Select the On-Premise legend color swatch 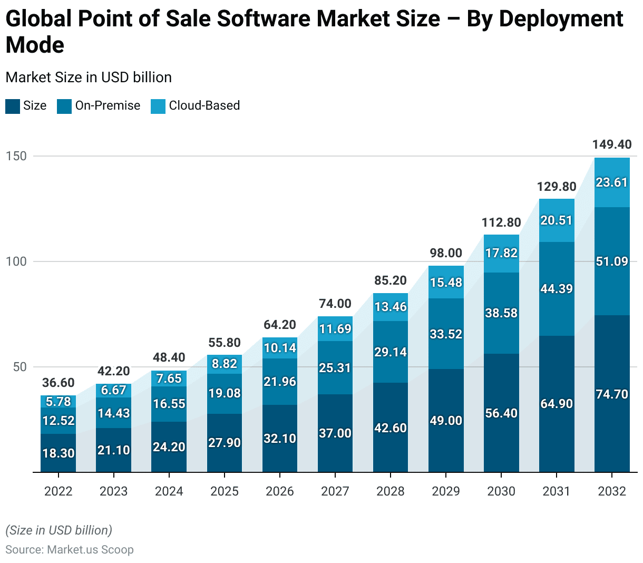click(64, 106)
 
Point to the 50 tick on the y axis click(20, 367)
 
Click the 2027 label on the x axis click(335, 491)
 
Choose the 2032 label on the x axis click(612, 491)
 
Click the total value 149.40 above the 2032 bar click(612, 144)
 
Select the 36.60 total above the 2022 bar click(58, 383)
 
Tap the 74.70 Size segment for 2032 click(612, 394)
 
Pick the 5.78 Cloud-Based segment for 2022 click(58, 402)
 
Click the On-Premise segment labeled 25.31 click(335, 367)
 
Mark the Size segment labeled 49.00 click(446, 420)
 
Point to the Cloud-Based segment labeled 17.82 click(501, 253)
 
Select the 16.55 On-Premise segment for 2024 click(169, 404)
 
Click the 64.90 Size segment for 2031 click(557, 404)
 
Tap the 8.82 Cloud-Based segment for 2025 click(225, 364)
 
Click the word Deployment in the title click(561, 19)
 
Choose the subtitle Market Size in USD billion click(89, 77)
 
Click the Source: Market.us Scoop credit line click(70, 549)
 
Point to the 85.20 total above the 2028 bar click(391, 280)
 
